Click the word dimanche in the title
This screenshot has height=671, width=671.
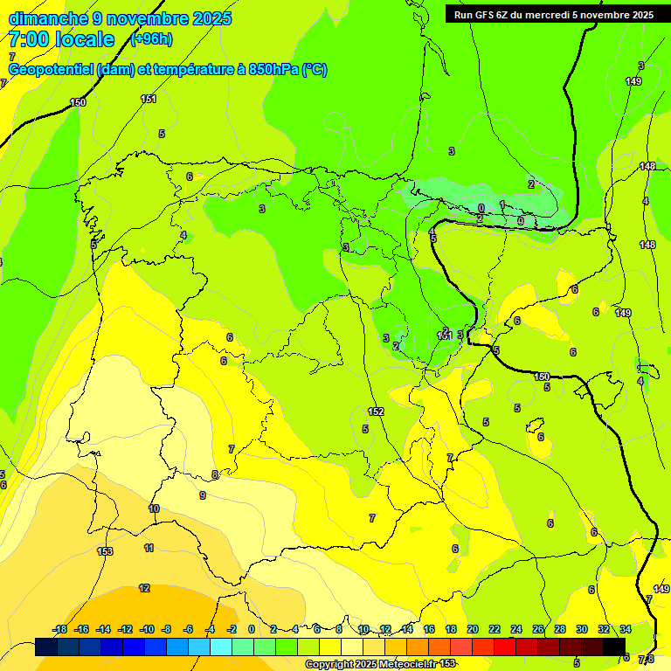47,18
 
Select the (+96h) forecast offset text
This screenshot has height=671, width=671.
151,39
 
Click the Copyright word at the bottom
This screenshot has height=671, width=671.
330,665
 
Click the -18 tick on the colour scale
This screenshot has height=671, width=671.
59,629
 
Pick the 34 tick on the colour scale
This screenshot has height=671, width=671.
626,629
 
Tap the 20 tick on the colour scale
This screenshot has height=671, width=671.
473,629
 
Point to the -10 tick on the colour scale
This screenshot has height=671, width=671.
147,629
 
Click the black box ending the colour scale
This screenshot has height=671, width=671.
614,647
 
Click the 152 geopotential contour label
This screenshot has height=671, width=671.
376,412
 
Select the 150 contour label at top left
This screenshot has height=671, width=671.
78,103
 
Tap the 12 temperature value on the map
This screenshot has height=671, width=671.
144,588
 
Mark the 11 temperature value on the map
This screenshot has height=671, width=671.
149,548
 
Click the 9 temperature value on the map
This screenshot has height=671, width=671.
203,495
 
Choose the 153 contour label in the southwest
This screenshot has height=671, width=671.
105,551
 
